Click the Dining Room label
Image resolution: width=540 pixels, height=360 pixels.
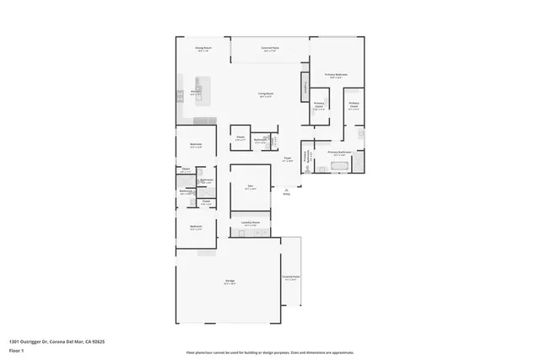[x=202, y=51]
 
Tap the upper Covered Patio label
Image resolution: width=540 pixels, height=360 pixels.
[x=270, y=49]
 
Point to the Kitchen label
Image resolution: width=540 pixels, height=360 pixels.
[x=195, y=94]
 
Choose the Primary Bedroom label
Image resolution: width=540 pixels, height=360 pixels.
[x=336, y=75]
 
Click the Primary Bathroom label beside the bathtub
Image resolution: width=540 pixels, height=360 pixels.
[x=339, y=153]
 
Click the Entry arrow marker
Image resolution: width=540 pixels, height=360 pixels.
[x=286, y=193]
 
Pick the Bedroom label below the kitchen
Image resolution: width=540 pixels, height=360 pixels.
[x=196, y=144]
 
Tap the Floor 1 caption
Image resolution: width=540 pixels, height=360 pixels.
[x=16, y=350]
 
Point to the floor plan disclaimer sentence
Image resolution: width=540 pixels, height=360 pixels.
[x=269, y=352]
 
